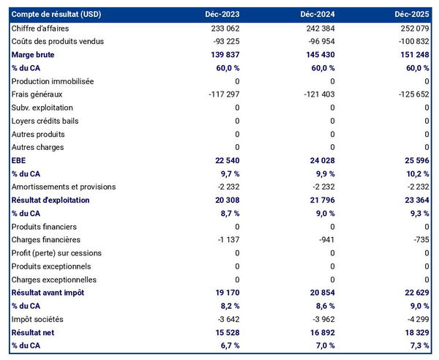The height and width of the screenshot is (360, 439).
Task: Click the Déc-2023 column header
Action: click(222, 14)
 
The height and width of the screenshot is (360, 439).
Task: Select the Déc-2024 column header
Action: click(318, 14)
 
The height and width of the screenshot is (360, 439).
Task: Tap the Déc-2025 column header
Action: click(413, 14)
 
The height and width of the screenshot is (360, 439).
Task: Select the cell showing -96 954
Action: click(319, 41)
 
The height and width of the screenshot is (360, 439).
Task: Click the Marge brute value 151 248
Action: click(414, 54)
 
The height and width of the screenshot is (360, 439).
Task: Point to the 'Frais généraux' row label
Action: click(37, 94)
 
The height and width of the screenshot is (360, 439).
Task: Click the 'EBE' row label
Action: click(19, 160)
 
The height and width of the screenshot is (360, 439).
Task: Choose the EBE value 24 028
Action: click(319, 160)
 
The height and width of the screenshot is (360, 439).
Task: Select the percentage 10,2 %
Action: click(416, 173)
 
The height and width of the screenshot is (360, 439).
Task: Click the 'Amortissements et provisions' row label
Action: click(63, 187)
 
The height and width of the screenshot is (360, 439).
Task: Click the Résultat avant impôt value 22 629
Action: click(414, 293)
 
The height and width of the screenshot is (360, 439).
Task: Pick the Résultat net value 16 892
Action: click(319, 332)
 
